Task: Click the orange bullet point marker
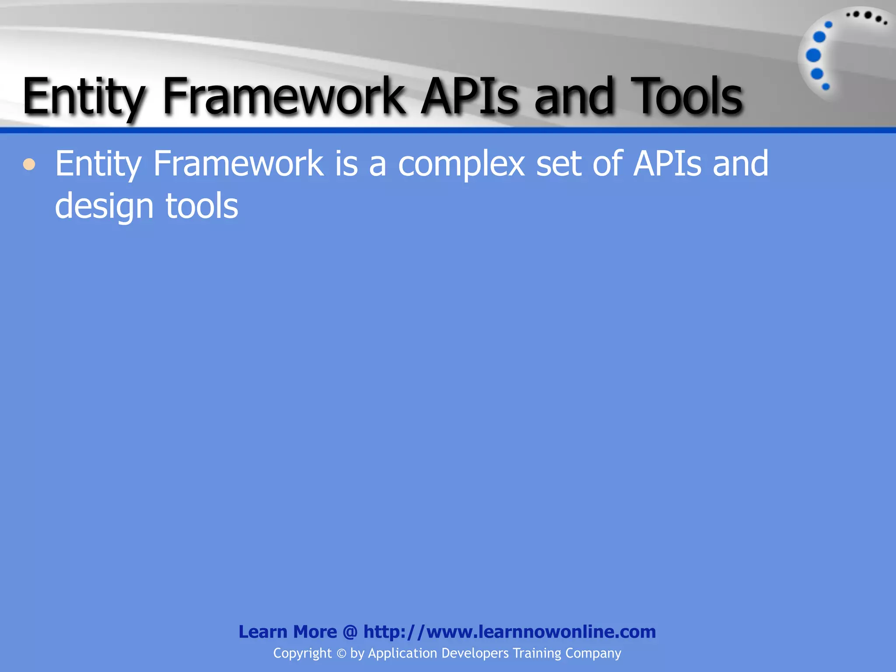pyautogui.click(x=29, y=164)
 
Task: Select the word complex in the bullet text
pyautogui.click(x=461, y=164)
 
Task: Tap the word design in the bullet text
pyautogui.click(x=104, y=206)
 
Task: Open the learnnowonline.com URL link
pyautogui.click(x=510, y=632)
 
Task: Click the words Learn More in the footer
pyautogui.click(x=287, y=632)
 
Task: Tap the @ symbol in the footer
pyautogui.click(x=350, y=632)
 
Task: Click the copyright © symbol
pyautogui.click(x=341, y=654)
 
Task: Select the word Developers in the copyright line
pyautogui.click(x=475, y=654)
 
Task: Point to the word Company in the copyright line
pyautogui.click(x=593, y=654)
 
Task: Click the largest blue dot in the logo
pyautogui.click(x=813, y=56)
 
